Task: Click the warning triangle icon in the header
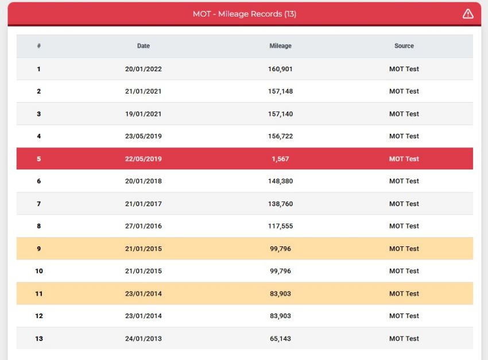coord(468,14)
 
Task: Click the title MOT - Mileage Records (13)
coord(245,14)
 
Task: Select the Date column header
coord(144,46)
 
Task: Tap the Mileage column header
coord(280,46)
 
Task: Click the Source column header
coord(404,46)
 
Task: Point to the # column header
coord(39,46)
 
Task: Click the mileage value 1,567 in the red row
coord(280,158)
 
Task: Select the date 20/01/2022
coord(144,69)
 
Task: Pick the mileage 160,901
coord(280,69)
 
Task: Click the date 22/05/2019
coord(144,158)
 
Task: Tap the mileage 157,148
coord(280,91)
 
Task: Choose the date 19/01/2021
coord(144,114)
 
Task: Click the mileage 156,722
coord(280,136)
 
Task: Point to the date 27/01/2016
coord(144,226)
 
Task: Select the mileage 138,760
coord(280,204)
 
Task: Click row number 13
coord(39,339)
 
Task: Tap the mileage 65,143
coord(280,339)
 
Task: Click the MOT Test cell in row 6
coord(404,181)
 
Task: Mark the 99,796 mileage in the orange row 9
coord(280,249)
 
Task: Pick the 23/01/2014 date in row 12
coord(144,316)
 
